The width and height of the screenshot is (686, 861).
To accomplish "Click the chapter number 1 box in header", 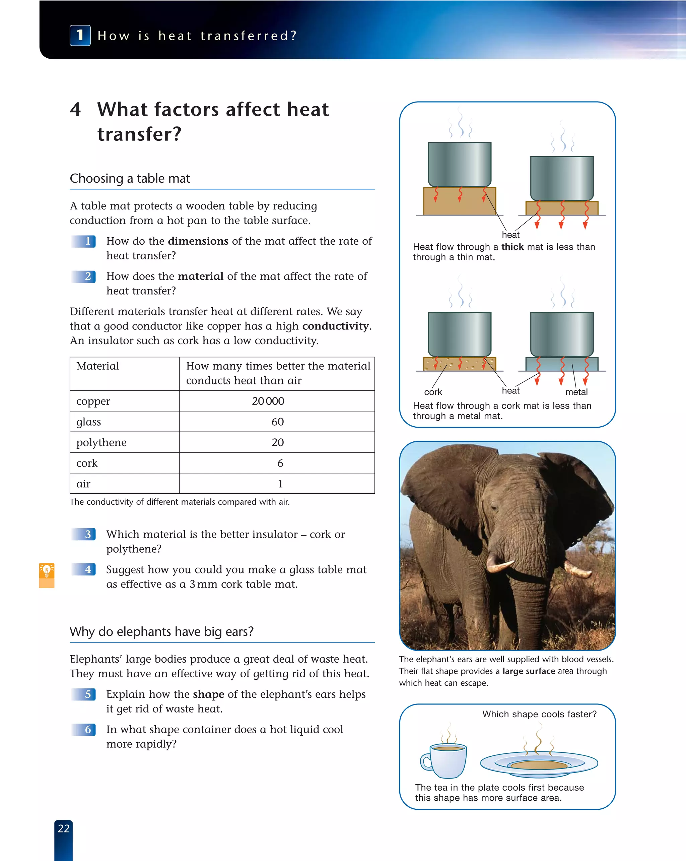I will click(80, 35).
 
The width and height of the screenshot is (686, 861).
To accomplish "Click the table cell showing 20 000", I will click(268, 401).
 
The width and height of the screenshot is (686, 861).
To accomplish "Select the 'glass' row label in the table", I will click(88, 422).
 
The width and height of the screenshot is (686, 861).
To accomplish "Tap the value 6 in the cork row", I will click(280, 463).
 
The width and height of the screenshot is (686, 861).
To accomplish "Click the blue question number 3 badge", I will click(84, 534).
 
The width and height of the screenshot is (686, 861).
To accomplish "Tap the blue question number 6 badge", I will click(84, 730).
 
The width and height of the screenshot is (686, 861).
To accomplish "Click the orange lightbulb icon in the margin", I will click(47, 571).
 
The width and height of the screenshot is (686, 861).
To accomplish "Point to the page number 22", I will click(63, 828).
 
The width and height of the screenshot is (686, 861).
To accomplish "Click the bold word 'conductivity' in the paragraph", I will click(335, 326).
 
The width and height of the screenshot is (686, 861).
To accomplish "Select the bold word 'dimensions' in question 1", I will click(198, 241).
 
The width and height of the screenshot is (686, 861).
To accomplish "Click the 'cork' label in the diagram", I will click(433, 392).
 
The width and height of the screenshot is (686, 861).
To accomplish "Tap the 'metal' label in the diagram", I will click(576, 392).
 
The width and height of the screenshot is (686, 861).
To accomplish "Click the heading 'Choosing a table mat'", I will click(130, 179).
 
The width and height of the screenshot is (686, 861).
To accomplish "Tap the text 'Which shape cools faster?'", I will click(539, 714).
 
